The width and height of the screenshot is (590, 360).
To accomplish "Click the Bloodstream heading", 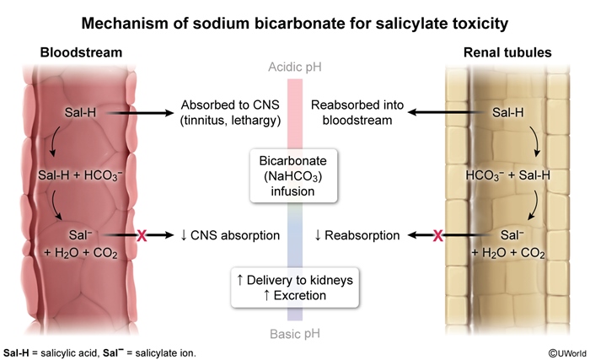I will point(81,52).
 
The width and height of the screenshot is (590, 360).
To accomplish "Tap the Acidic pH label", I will point(294,67).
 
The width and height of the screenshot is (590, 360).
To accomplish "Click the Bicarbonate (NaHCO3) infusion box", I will point(294,174).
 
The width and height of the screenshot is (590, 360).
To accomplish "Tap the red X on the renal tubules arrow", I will point(437,235).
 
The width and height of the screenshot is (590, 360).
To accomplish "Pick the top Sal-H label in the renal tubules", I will point(507,112).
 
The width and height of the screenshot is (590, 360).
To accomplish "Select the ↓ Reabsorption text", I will point(356,235).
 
